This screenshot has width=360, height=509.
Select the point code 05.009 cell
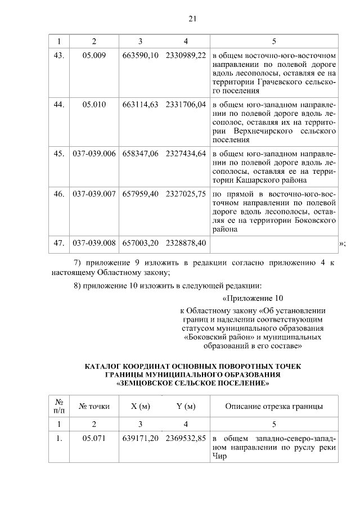(x=94, y=56)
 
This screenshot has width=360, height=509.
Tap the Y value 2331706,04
(x=186, y=105)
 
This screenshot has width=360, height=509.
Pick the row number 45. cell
(x=58, y=153)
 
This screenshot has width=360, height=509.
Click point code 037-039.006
(x=94, y=153)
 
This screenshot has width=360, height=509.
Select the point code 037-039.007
(x=94, y=193)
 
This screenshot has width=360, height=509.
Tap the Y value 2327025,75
(x=186, y=193)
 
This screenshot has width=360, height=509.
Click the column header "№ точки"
(x=94, y=406)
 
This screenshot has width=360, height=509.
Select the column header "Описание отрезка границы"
(x=274, y=406)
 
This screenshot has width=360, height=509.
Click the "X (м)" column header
(x=140, y=406)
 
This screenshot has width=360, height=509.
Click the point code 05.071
(x=94, y=439)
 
